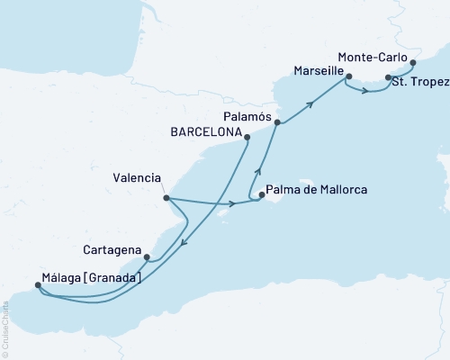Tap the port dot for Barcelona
(247, 137)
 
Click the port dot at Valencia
(166, 197)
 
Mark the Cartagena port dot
(147, 256)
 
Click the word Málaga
(63, 278)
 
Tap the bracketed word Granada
(113, 278)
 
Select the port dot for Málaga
(37, 286)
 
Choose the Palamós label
(245, 115)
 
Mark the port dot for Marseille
(349, 76)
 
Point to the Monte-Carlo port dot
(413, 63)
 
